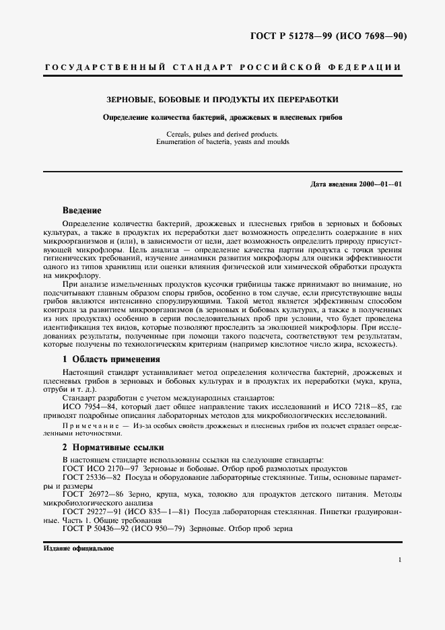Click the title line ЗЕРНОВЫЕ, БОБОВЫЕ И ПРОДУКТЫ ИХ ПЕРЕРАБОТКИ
[x=222, y=99]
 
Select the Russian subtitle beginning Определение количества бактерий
[x=222, y=116]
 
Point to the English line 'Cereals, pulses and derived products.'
[x=222, y=135]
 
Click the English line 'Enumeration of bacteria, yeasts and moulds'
[x=222, y=142]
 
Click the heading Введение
[x=81, y=210]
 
